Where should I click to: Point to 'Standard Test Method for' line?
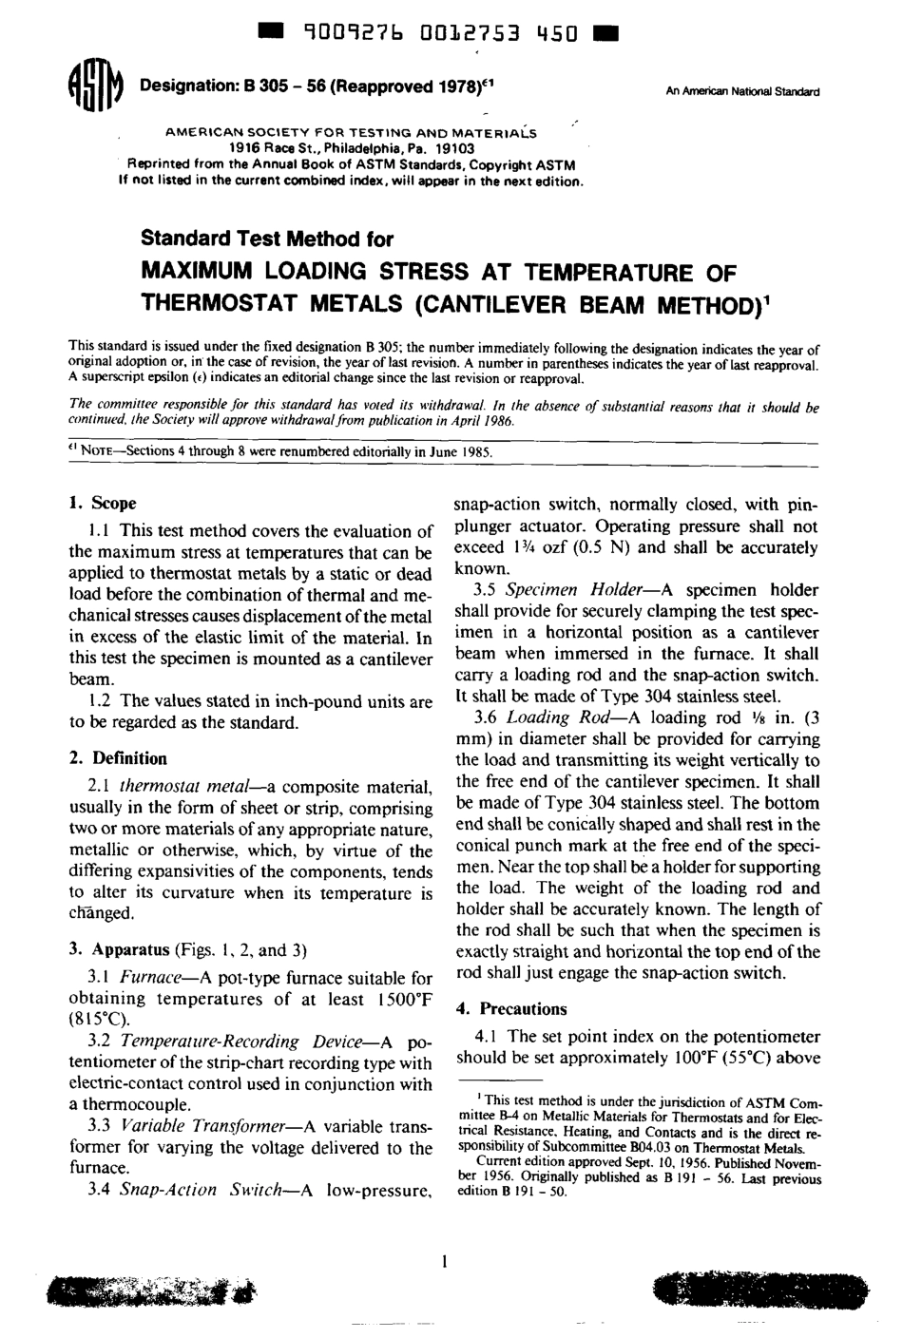267,239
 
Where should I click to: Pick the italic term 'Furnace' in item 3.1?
153,978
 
